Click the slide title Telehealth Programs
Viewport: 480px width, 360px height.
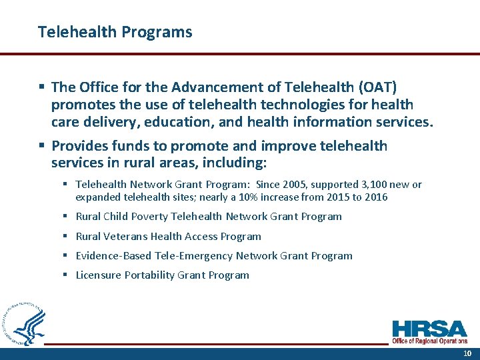[x=115, y=32]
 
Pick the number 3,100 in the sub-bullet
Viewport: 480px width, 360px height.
[x=370, y=185]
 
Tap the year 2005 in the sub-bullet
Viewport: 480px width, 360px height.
[x=293, y=185]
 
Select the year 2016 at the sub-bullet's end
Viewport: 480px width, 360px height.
[x=375, y=197]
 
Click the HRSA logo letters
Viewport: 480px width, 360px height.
[x=429, y=329]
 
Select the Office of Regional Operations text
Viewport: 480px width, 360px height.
[x=429, y=341]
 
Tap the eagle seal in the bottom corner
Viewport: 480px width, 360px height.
[x=25, y=324]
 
